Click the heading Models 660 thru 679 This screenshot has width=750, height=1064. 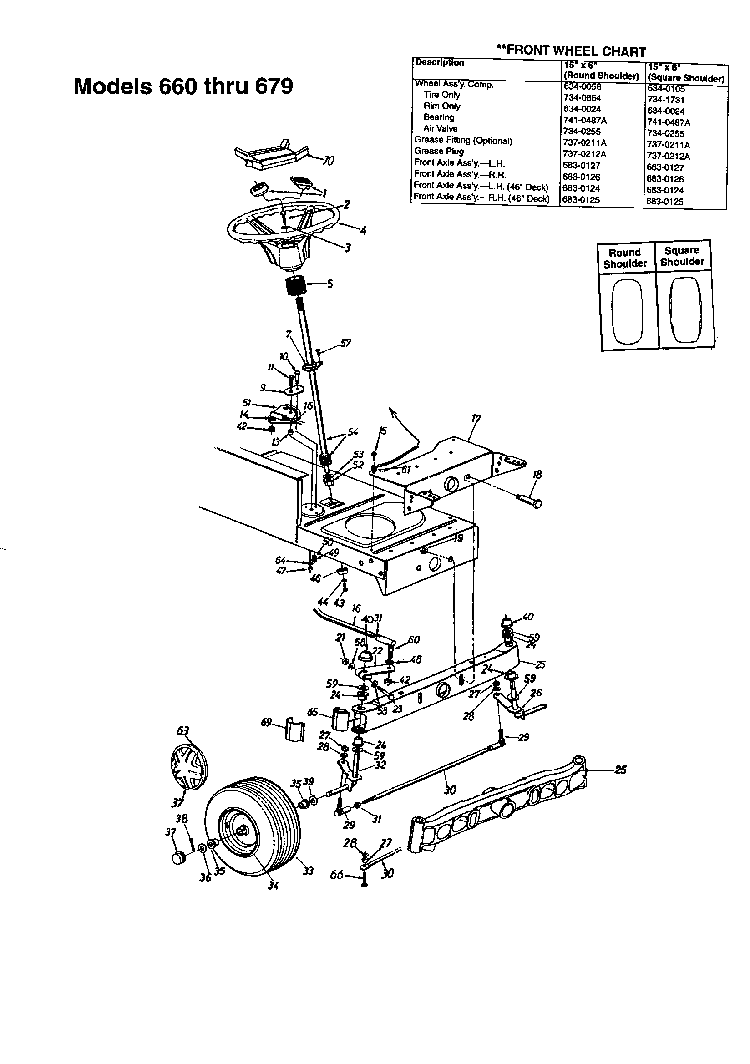[x=183, y=86]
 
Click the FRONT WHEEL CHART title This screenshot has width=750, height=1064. [x=571, y=51]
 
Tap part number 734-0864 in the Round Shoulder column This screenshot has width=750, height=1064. [x=582, y=98]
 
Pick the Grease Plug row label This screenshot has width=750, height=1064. [x=439, y=151]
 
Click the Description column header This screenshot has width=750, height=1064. [x=439, y=62]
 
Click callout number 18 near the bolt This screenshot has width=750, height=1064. [x=537, y=474]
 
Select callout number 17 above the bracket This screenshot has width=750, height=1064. [x=476, y=420]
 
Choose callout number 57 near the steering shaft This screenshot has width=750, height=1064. [x=345, y=343]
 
